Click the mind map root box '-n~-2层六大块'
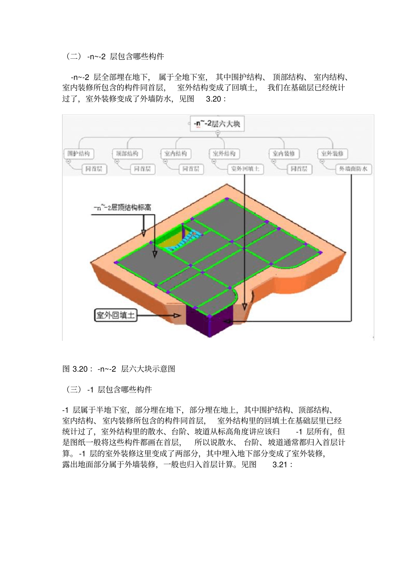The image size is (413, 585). tap(217, 124)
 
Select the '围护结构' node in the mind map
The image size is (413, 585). tap(79, 154)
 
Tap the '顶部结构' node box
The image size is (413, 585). tap(127, 154)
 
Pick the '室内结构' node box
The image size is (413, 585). tap(176, 154)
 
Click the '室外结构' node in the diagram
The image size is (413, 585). tap(224, 154)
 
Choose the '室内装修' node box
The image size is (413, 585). tap(284, 154)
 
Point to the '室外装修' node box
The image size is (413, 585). tap(333, 154)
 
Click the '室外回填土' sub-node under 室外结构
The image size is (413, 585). tap(245, 169)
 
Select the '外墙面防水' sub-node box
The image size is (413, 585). tap(353, 169)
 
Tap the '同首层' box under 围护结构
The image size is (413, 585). tap(94, 169)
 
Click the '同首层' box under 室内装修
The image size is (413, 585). tap(299, 169)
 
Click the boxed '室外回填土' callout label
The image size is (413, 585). tap(116, 315)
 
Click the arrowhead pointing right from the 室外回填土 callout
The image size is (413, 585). tap(177, 315)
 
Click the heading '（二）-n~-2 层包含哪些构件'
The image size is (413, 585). tap(114, 57)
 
